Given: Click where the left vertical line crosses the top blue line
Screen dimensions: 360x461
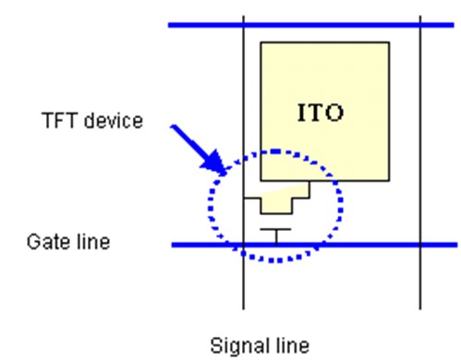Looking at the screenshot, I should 243,24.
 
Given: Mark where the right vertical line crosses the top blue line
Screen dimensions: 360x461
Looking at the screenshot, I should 420,24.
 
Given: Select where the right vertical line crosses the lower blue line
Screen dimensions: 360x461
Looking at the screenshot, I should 420,245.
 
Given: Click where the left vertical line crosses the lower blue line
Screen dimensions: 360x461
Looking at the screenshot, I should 243,245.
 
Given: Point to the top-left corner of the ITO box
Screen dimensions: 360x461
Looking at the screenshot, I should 261,42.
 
